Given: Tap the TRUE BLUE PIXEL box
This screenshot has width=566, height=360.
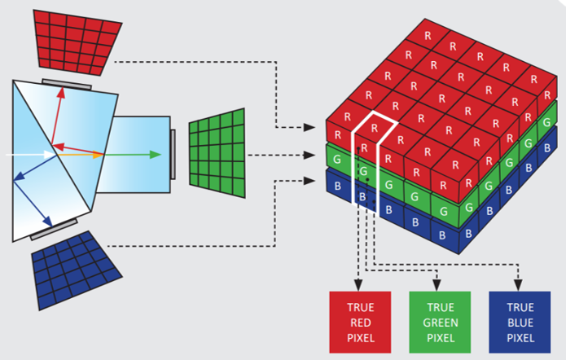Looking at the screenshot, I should pos(520,323).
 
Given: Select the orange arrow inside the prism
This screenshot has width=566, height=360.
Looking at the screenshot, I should pos(81,153).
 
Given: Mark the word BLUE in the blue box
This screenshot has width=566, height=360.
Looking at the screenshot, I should pos(520,323).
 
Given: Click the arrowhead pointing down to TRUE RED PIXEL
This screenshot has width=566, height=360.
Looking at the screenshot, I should pos(357,285).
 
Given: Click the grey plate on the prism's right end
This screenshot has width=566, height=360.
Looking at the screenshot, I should pos(173,153).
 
